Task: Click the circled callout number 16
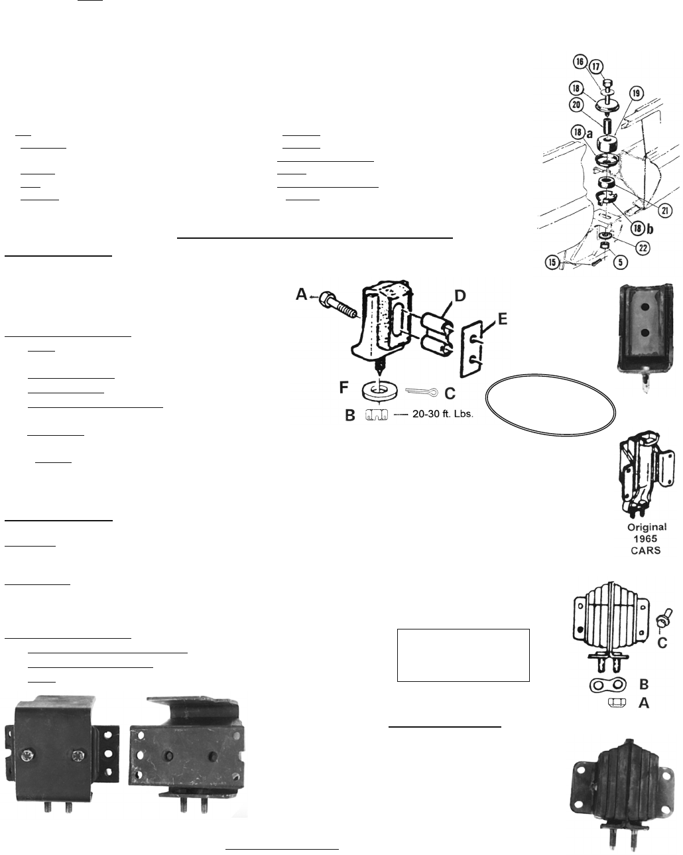click(580, 62)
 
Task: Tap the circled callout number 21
click(665, 210)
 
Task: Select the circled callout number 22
click(643, 248)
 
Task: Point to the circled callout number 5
click(621, 262)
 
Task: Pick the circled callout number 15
click(552, 262)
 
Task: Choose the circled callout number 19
click(636, 94)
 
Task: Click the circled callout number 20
click(576, 105)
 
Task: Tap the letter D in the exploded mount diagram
click(460, 296)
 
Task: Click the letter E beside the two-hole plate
click(503, 319)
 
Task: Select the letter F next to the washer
click(343, 387)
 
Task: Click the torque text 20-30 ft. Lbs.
click(442, 414)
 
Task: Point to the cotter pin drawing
click(422, 392)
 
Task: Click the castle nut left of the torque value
click(376, 415)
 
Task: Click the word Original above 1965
click(647, 527)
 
